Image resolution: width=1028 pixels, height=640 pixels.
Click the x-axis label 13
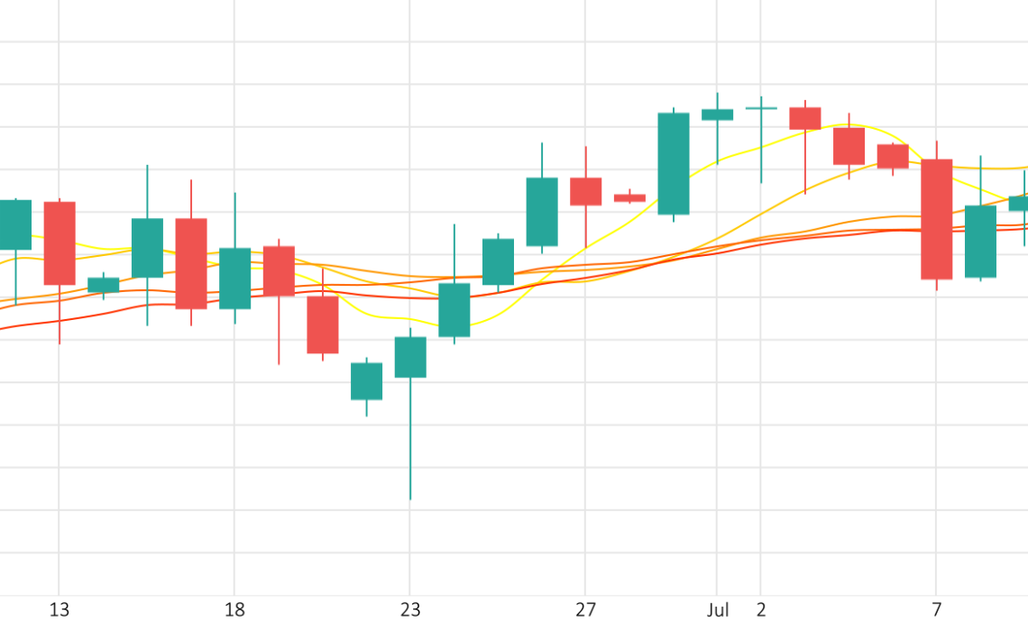coord(60,611)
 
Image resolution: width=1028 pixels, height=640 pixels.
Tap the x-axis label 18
coord(234,611)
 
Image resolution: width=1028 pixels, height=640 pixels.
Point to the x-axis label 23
coord(410,611)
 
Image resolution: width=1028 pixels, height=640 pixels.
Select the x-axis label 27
coord(585,611)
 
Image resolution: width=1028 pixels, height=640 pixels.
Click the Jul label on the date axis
coord(718,611)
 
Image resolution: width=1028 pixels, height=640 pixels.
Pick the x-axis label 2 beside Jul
coord(761,611)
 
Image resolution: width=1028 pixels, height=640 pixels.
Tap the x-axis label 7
coord(937,611)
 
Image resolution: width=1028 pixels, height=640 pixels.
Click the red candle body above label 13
coord(60,243)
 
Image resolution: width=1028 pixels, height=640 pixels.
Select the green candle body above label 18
coord(235,279)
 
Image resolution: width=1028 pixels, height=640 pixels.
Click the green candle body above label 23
coord(410,357)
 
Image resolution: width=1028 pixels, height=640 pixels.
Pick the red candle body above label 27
coord(586,191)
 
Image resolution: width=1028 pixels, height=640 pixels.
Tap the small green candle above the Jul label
coord(718,114)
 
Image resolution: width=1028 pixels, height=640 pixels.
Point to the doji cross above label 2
coord(761,108)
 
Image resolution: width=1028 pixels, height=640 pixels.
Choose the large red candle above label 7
coord(937,219)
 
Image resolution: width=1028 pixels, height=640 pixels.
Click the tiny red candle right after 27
coord(629,197)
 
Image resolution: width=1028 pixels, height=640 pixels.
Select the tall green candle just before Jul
coord(674,163)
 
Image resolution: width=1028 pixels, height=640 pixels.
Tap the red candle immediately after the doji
coord(805,118)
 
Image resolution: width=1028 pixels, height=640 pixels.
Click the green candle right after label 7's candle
coord(980,242)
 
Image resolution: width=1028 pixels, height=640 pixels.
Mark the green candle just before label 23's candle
coord(366,381)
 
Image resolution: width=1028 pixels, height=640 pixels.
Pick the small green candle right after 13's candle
coord(104,285)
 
